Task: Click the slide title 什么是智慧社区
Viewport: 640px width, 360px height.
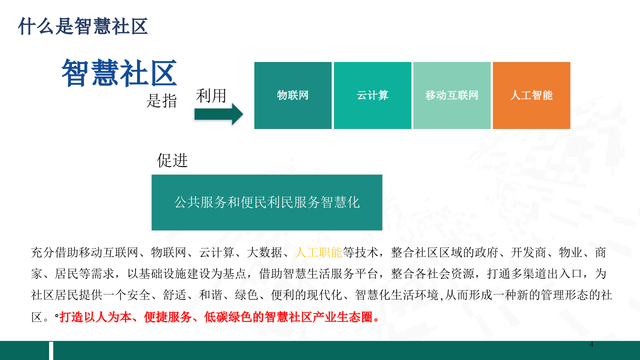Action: pyautogui.click(x=83, y=26)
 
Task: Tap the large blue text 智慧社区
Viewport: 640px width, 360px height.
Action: pyautogui.click(x=119, y=73)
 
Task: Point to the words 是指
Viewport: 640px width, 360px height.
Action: pyautogui.click(x=161, y=101)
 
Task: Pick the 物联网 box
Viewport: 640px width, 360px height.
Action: pyautogui.click(x=293, y=95)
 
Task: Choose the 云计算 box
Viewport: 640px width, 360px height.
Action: pyautogui.click(x=372, y=95)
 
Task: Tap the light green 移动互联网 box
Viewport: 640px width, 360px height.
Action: pyautogui.click(x=452, y=95)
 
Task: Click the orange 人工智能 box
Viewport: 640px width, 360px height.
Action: pyautogui.click(x=531, y=95)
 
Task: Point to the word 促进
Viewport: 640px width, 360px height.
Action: pyautogui.click(x=172, y=160)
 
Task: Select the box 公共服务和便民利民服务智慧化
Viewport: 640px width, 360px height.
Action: pyautogui.click(x=267, y=202)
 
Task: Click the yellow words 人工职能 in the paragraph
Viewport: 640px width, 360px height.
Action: pyautogui.click(x=318, y=252)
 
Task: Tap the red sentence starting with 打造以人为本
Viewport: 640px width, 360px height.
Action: pyautogui.click(x=219, y=317)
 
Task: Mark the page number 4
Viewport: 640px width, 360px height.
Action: pyautogui.click(x=591, y=344)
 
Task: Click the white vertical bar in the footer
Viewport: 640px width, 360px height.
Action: pyautogui.click(x=50, y=350)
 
